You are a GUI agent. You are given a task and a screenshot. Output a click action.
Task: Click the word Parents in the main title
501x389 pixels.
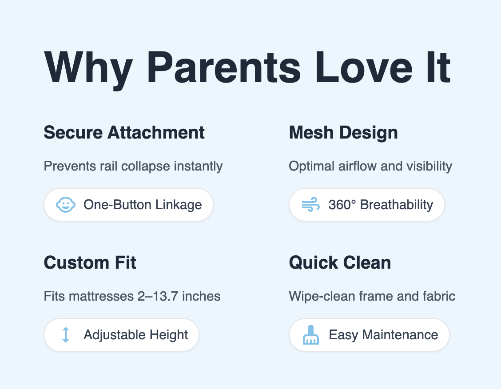(x=224, y=67)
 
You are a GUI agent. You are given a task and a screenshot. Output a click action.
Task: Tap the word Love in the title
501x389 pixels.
(x=364, y=67)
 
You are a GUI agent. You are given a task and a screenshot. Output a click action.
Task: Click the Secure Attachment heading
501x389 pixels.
(x=124, y=132)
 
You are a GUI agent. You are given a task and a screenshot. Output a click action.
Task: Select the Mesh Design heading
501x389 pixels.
(x=343, y=132)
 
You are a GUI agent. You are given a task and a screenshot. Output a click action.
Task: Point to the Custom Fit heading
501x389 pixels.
(x=90, y=262)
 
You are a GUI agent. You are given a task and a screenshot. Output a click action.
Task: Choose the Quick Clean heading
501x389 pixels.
(x=340, y=262)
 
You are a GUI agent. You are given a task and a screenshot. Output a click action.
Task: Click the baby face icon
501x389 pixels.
(x=65, y=205)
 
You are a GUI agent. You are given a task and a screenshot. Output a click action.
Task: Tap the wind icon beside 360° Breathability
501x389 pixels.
(x=310, y=204)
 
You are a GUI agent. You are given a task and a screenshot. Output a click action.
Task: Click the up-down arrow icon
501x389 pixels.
(x=65, y=335)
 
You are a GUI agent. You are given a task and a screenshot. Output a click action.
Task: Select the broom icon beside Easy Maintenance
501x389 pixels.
(x=310, y=335)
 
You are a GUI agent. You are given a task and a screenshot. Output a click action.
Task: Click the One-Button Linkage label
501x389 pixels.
(x=143, y=205)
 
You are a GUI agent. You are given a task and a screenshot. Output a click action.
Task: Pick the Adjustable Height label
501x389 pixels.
(x=136, y=335)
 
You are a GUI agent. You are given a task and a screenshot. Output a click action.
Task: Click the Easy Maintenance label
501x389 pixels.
(x=383, y=335)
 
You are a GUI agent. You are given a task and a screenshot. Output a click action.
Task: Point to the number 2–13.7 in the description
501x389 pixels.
(x=158, y=296)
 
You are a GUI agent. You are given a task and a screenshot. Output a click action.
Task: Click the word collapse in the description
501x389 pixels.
(x=146, y=167)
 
